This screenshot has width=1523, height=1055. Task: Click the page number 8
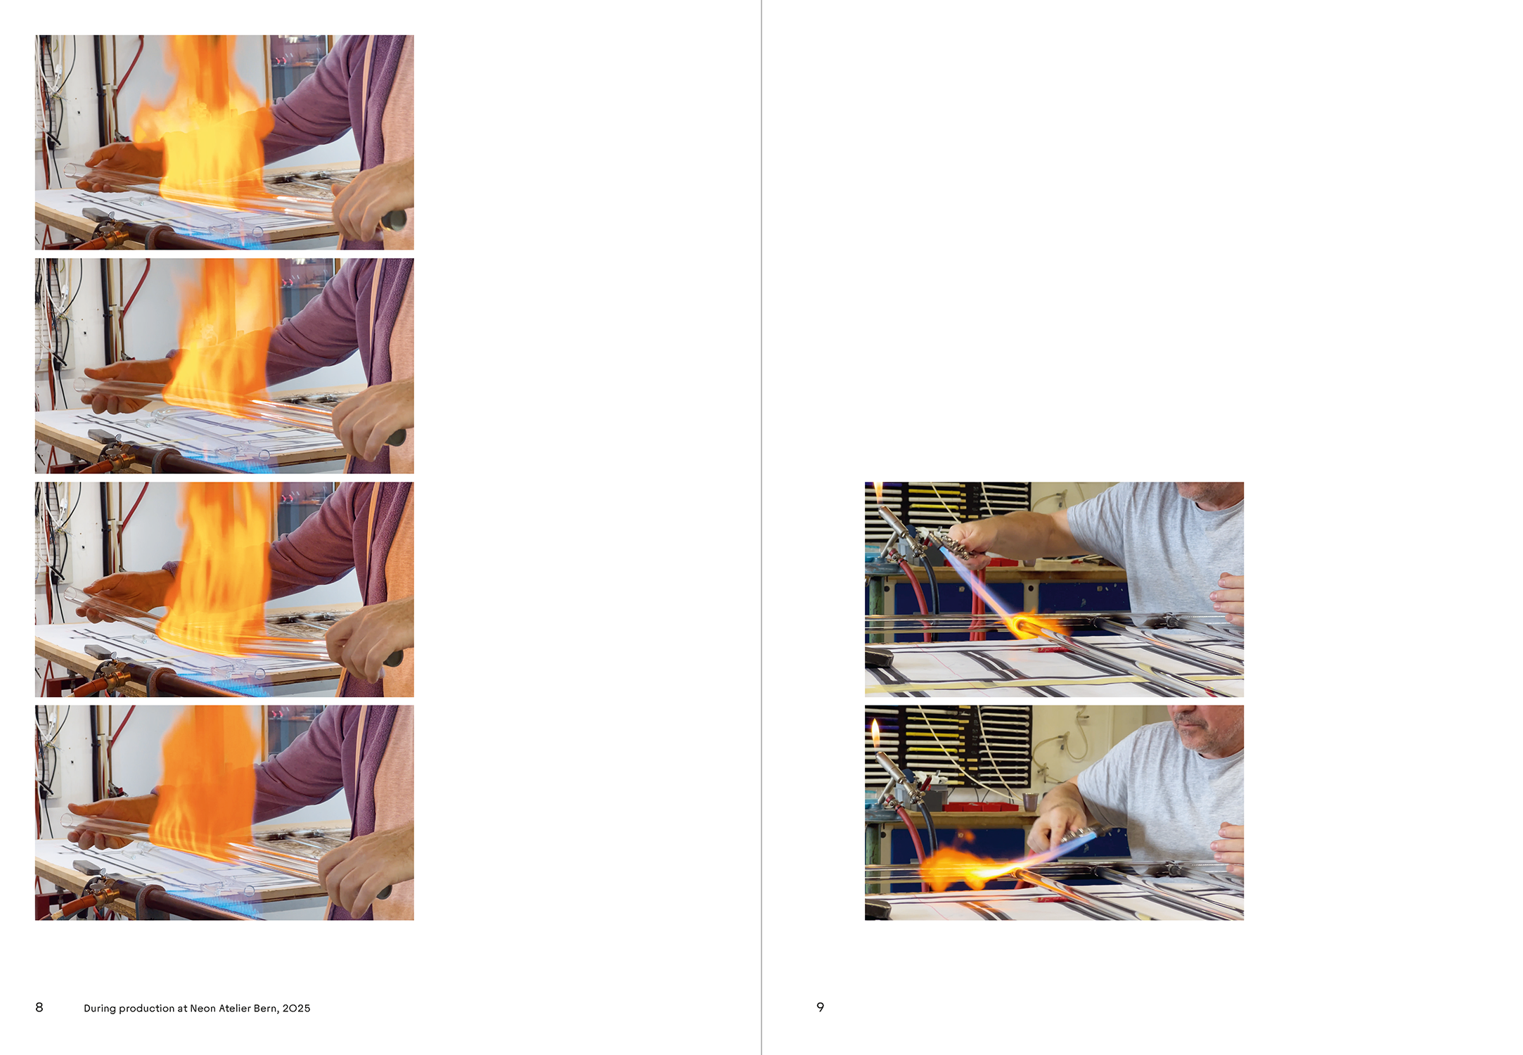[x=39, y=1007]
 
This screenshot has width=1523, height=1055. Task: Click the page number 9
[x=820, y=1007]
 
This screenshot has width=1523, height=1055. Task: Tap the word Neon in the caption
[x=203, y=1008]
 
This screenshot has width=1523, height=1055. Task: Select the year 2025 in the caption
[x=296, y=1008]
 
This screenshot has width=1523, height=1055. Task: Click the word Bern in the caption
[x=266, y=1008]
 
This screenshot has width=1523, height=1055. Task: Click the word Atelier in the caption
[x=234, y=1008]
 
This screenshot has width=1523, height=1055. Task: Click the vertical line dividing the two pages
[x=761, y=527]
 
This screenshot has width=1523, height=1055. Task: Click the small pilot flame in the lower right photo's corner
[x=875, y=734]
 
